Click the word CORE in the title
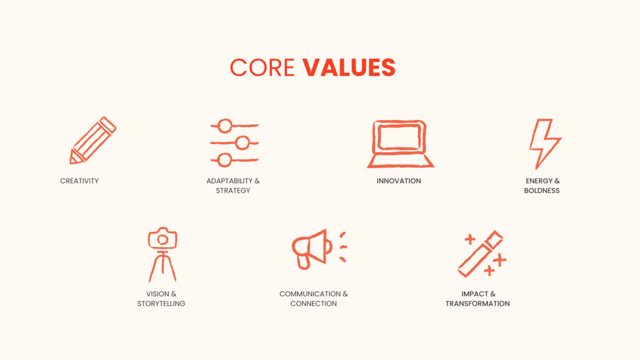(x=262, y=67)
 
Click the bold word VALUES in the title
(x=349, y=67)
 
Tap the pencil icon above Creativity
(x=93, y=140)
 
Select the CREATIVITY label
(x=79, y=181)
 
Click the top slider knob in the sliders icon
(x=225, y=126)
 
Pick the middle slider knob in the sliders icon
(x=243, y=142)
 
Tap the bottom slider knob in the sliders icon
(x=225, y=160)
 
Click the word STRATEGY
(x=233, y=190)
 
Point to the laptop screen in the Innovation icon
(x=399, y=138)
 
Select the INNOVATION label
(x=398, y=181)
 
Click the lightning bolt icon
(x=545, y=143)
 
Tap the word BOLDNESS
(x=542, y=190)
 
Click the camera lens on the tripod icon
(x=163, y=239)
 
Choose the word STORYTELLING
(x=161, y=303)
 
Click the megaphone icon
(x=319, y=250)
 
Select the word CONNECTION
(x=314, y=303)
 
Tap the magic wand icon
(x=481, y=254)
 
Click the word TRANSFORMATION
(x=477, y=303)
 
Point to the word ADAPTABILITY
(x=229, y=181)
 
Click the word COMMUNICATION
(x=310, y=294)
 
